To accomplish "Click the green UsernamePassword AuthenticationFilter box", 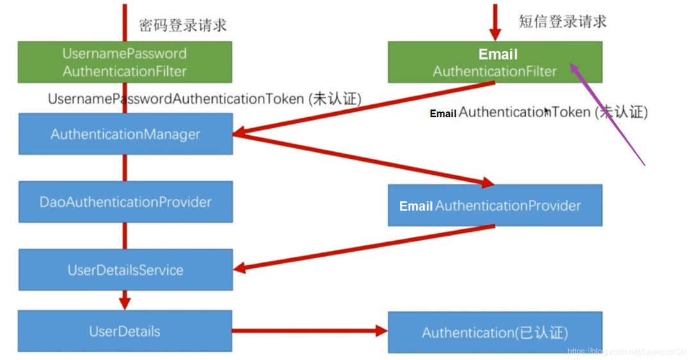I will [x=124, y=62].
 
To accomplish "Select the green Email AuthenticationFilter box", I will [x=494, y=62].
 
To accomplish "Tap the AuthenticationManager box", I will [x=125, y=135].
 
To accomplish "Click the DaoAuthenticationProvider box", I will [x=125, y=202].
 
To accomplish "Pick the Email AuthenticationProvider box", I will [x=494, y=206].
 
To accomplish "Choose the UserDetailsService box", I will [x=125, y=270].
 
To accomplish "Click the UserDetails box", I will [x=124, y=331].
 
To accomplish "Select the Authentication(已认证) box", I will [x=494, y=332].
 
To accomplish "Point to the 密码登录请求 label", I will [x=183, y=25].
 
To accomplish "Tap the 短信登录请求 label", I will [x=562, y=21].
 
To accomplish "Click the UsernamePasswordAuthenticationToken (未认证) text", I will [x=204, y=99].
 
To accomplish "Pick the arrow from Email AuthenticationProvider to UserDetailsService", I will [x=365, y=248].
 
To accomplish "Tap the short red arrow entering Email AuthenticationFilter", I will [x=494, y=22].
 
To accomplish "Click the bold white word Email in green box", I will [x=497, y=54].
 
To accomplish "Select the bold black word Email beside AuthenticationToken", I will [x=443, y=114].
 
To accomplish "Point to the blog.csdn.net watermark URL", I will [x=627, y=352].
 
